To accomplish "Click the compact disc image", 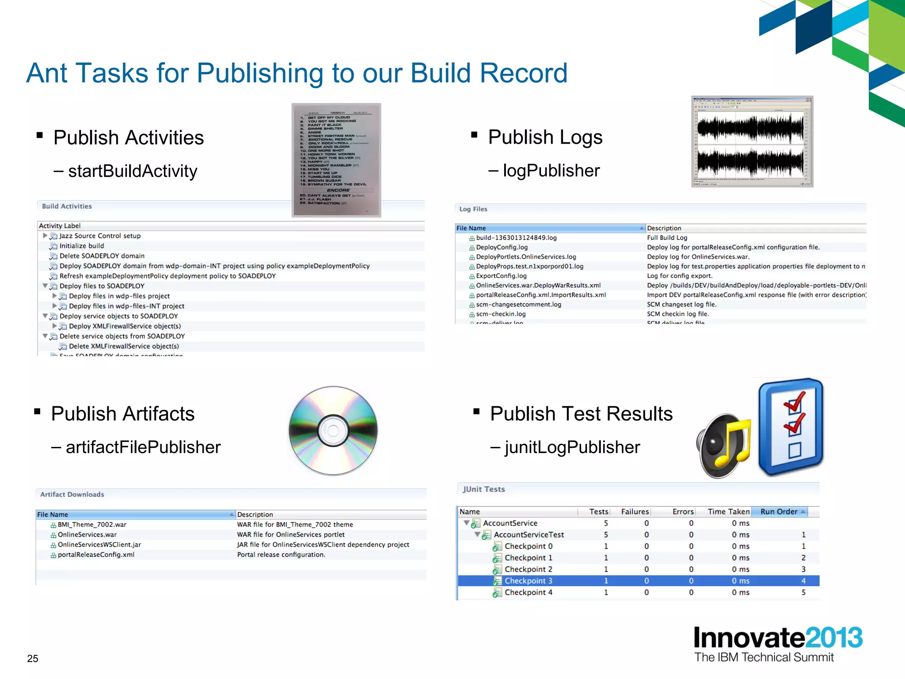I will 333,431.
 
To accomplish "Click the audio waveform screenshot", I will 752,141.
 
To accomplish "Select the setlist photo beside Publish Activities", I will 336,160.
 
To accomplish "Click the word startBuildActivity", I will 133,171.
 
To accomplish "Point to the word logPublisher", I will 551,171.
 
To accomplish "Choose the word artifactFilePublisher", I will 143,447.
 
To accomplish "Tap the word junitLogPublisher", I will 572,447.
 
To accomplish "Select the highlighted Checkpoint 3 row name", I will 529,581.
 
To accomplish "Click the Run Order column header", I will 779,511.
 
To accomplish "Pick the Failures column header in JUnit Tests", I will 635,511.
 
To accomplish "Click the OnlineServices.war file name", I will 87,534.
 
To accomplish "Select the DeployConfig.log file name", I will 502,247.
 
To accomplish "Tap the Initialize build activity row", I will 82,246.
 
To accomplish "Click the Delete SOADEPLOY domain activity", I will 102,256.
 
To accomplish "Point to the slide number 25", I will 33,658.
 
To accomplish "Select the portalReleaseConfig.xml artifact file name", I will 96,555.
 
